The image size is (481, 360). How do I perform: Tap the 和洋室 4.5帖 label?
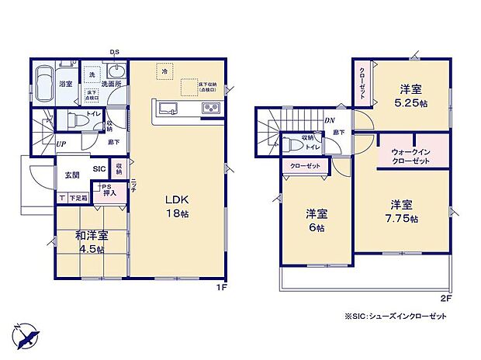[x=92, y=241]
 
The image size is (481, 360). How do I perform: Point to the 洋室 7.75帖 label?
[x=403, y=211]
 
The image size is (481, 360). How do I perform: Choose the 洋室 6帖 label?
[x=315, y=220]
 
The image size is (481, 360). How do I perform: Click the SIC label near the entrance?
[x=99, y=168]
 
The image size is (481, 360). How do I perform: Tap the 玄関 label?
[x=72, y=174]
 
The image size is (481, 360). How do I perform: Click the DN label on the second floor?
[x=329, y=120]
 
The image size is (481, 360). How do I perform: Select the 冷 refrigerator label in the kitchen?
[x=164, y=71]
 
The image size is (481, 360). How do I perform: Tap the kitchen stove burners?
[x=211, y=109]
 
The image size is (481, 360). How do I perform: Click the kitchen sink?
[x=168, y=108]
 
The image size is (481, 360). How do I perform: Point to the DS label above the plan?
[x=114, y=53]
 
